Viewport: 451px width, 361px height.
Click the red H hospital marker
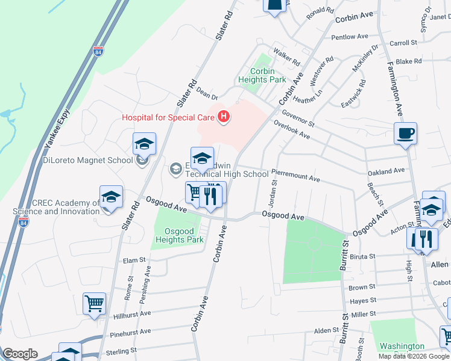224,117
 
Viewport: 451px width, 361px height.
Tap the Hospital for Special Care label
168,117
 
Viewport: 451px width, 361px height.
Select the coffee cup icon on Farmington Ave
405,133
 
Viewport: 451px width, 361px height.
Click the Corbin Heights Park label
268,75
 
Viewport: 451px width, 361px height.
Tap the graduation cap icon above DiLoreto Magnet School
145,144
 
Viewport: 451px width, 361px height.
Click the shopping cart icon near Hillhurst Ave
95,304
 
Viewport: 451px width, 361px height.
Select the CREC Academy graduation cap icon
111,197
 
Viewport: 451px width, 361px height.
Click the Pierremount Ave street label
295,179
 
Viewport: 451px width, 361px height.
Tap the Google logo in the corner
20,354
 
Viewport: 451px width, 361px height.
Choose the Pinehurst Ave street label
130,332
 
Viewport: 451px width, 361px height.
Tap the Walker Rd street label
287,57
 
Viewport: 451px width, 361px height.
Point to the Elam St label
134,260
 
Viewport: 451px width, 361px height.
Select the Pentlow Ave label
350,37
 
